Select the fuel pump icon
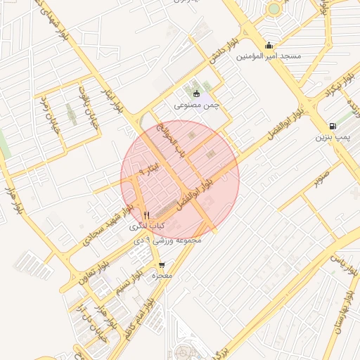(332, 127)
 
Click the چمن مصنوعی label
(197, 105)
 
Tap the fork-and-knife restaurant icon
(146, 215)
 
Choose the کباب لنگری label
(146, 226)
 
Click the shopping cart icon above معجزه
(162, 266)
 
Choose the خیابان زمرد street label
(48, 112)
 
